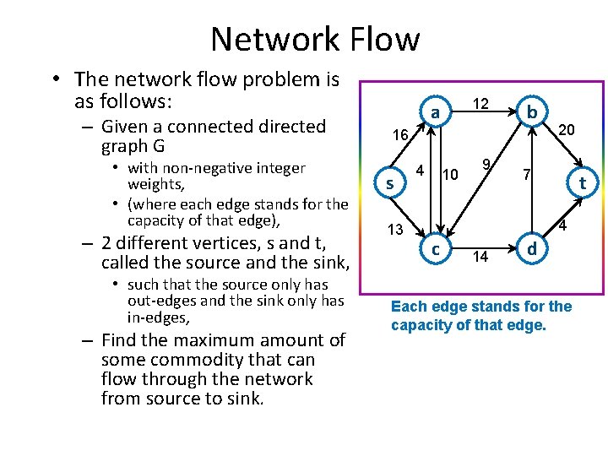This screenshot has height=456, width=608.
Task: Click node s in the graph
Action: pos(389,183)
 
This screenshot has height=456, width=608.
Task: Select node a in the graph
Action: pos(434,113)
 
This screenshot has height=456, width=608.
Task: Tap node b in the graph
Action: pos(531,113)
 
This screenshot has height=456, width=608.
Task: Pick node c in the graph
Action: pos(435,250)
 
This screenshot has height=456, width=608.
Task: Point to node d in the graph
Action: pos(531,250)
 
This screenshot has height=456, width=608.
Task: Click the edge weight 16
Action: pos(399,135)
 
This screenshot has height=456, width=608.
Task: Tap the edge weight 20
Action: pos(567,129)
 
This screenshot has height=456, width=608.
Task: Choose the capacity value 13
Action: pos(395,230)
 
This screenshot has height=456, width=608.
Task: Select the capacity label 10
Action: pos(451,175)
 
